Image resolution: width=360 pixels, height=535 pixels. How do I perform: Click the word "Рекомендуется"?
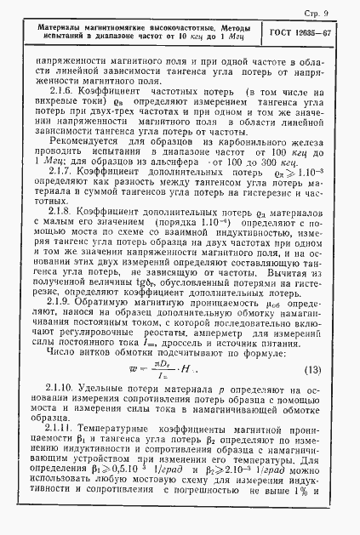pos(83,164)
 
